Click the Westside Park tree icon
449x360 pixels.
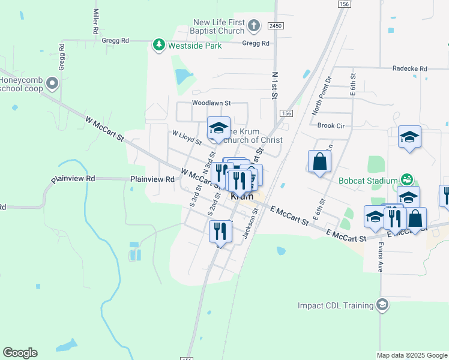click(x=158, y=45)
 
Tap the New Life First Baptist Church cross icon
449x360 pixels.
click(x=254, y=26)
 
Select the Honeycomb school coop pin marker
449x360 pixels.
click(x=53, y=83)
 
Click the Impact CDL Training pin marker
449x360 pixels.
click(x=382, y=305)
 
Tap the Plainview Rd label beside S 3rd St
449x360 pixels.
click(x=152, y=179)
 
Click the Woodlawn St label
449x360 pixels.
click(x=211, y=103)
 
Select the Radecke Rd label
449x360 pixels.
click(x=409, y=69)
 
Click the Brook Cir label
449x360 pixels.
click(x=331, y=126)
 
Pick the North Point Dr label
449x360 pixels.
click(x=322, y=96)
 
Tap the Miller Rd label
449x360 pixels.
click(x=95, y=21)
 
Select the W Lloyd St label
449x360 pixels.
click(x=186, y=137)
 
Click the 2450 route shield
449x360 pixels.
click(x=276, y=26)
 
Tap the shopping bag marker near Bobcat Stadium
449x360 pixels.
click(x=320, y=161)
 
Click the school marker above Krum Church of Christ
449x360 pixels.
click(x=219, y=128)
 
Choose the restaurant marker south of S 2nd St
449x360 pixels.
click(x=220, y=231)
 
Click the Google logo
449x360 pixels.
click(x=20, y=353)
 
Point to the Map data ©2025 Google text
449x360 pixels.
click(x=411, y=355)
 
